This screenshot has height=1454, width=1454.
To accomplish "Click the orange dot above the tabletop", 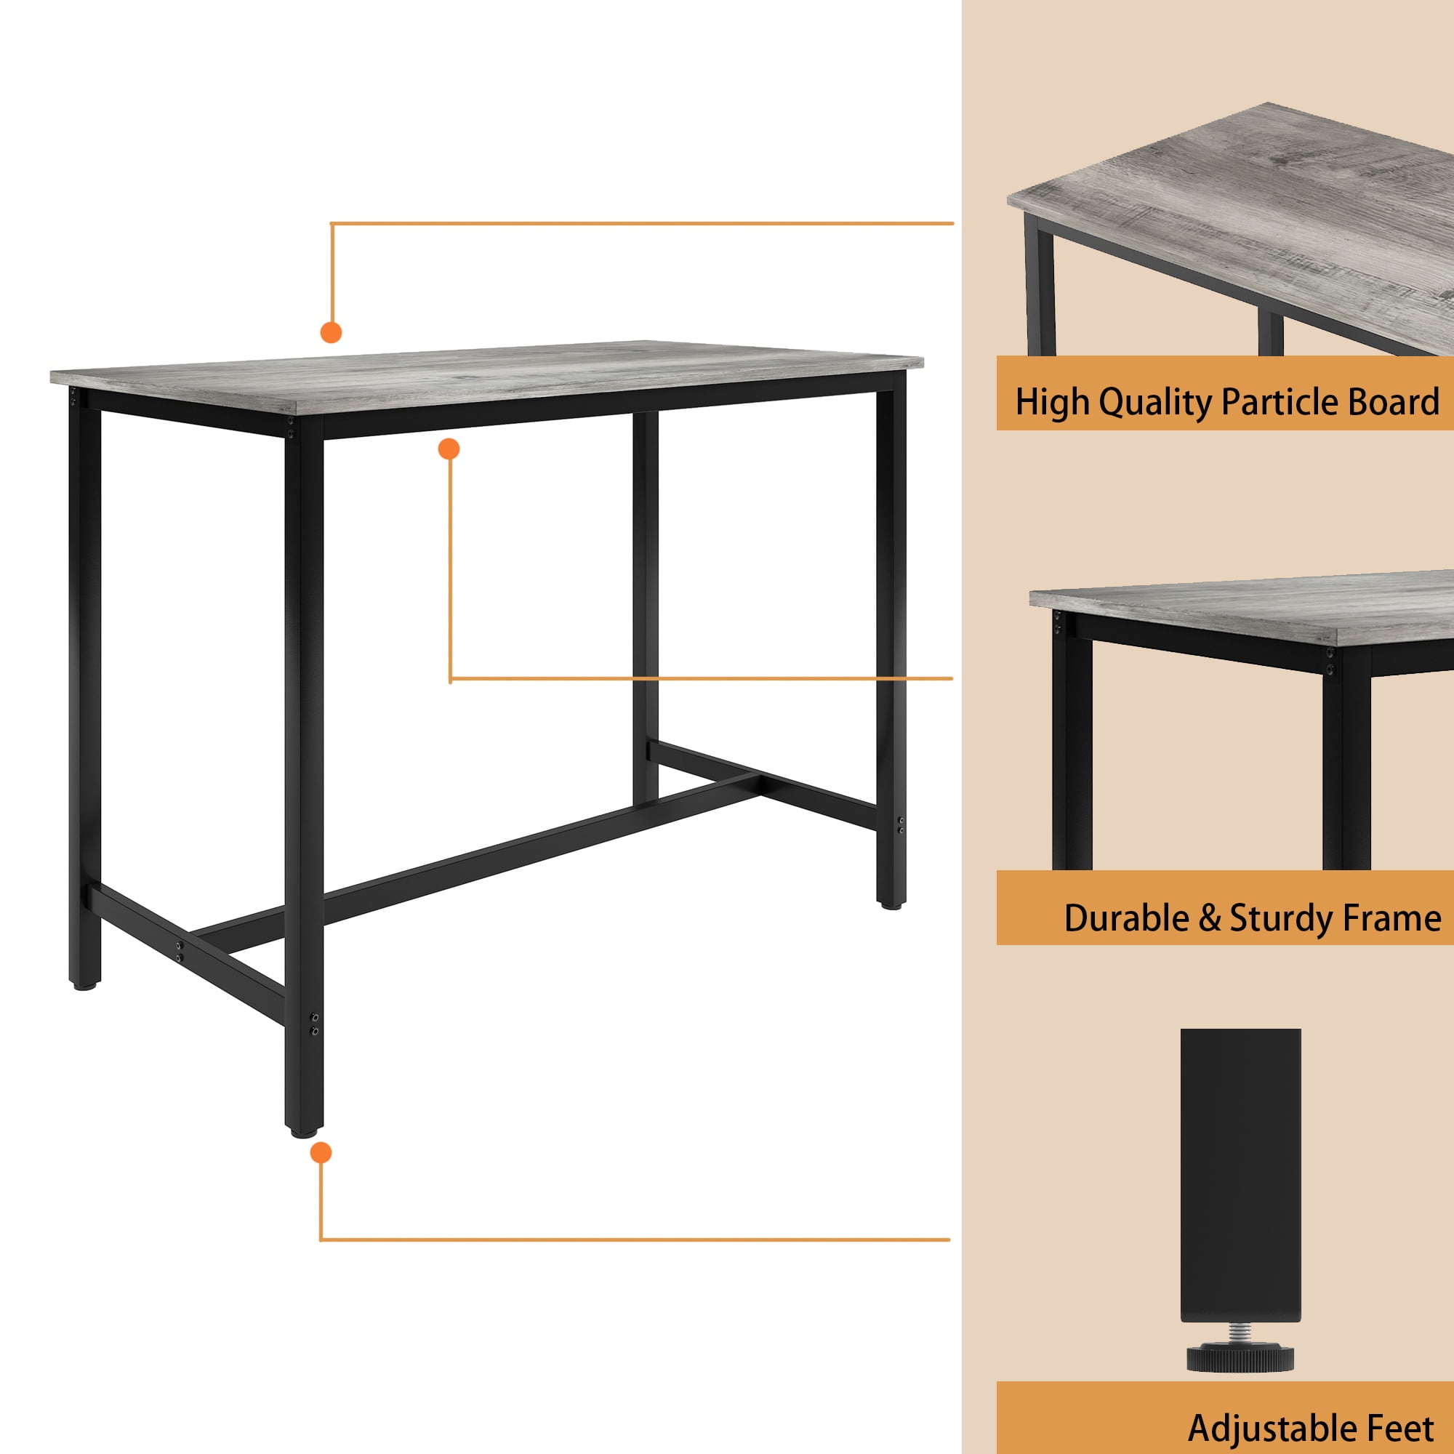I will [x=331, y=332].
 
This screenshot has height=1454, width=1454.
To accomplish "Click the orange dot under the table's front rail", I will [x=449, y=449].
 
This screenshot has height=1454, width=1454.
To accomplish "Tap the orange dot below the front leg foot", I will [x=321, y=1152].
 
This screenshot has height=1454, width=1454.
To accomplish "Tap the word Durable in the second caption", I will [x=1126, y=918].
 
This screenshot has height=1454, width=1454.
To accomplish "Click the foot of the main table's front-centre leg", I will [x=304, y=1130].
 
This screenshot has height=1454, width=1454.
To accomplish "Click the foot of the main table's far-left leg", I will [x=84, y=984].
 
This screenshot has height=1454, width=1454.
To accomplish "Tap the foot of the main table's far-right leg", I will [x=891, y=904].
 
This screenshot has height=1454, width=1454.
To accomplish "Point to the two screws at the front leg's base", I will [x=315, y=1024].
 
